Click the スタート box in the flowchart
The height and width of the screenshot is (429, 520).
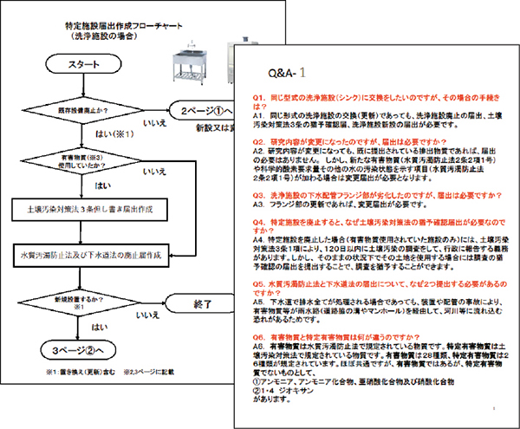click(86, 66)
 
